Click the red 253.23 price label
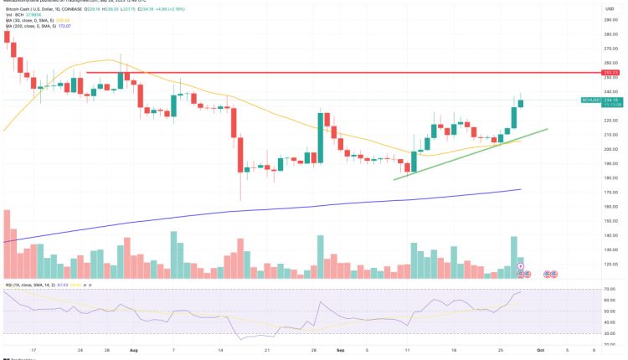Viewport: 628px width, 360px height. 610,73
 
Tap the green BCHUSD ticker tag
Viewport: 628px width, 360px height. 589,100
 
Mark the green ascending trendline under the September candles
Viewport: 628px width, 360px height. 469,153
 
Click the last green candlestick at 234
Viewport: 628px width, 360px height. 522,103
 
